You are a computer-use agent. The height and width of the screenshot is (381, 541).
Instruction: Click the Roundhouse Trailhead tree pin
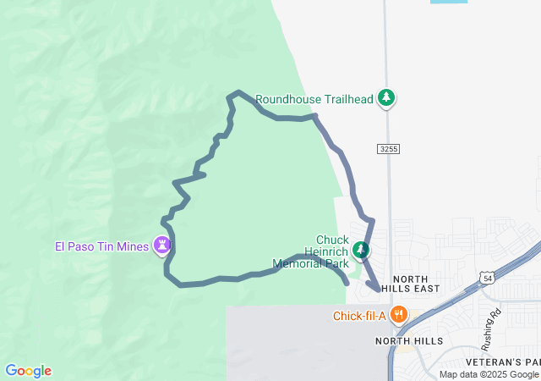(386, 98)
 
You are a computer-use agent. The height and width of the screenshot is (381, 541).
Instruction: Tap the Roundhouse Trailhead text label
(314, 99)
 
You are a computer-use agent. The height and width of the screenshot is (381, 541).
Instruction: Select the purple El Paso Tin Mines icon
(161, 246)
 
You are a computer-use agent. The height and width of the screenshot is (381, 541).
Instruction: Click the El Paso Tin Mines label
(101, 246)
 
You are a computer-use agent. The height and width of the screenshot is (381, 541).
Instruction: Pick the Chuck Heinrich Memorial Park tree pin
(361, 250)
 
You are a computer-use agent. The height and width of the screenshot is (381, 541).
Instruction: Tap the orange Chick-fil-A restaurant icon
(400, 316)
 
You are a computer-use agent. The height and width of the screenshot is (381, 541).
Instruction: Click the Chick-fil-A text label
(359, 317)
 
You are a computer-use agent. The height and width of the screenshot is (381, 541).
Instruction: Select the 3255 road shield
(388, 149)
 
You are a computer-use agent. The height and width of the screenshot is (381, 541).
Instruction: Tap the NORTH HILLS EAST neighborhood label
(409, 283)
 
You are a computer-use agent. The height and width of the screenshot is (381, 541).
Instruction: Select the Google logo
(28, 371)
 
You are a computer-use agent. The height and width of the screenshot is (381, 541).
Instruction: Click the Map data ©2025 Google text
(489, 375)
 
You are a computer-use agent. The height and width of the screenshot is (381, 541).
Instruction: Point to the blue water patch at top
(448, 2)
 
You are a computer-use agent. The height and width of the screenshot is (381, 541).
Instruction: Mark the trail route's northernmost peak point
(239, 91)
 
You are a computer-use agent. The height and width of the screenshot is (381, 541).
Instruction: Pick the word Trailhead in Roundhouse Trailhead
(347, 99)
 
